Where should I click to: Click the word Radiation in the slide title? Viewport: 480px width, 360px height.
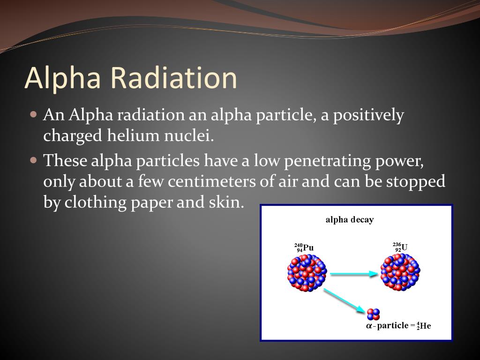(x=174, y=78)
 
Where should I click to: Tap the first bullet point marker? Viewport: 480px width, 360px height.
(x=33, y=114)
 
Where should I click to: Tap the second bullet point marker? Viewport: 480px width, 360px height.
(x=33, y=160)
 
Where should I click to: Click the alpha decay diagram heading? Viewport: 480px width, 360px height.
(x=350, y=220)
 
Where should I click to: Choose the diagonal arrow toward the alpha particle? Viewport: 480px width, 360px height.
(x=344, y=301)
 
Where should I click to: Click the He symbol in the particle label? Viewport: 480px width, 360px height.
(x=425, y=326)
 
